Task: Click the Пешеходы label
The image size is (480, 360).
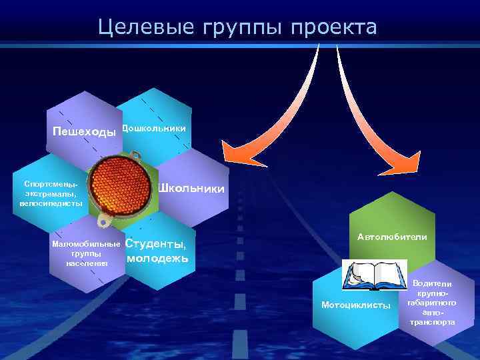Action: coord(84,131)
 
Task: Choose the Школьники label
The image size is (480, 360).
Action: coord(191,189)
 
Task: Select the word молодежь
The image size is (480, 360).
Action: coord(157,259)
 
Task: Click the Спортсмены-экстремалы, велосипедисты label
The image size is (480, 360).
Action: coord(51,193)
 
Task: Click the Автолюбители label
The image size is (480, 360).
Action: coord(392,237)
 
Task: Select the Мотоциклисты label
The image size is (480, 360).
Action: coord(356,305)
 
